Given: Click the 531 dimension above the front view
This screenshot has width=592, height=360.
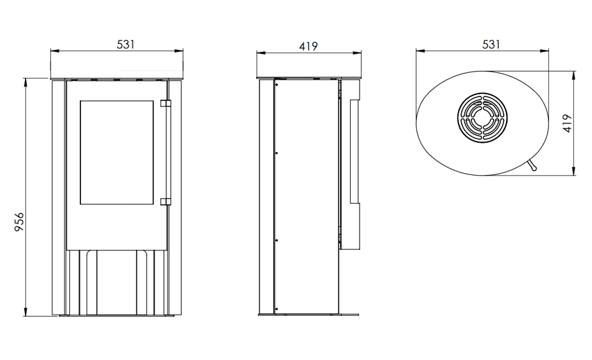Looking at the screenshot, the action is point(125,44).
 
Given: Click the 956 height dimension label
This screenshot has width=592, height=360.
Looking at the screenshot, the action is point(19,222).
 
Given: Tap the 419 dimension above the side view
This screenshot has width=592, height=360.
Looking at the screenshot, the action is point(308,47).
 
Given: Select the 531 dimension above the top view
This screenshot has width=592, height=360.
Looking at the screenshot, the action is point(491,44).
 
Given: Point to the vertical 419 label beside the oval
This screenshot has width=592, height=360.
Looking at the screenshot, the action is point(567,123).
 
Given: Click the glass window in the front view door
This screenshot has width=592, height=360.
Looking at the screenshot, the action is point(117,153).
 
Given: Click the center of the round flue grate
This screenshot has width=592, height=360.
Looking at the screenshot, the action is point(482,118).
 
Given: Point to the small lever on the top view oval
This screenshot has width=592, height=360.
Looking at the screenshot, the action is point(532,165).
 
